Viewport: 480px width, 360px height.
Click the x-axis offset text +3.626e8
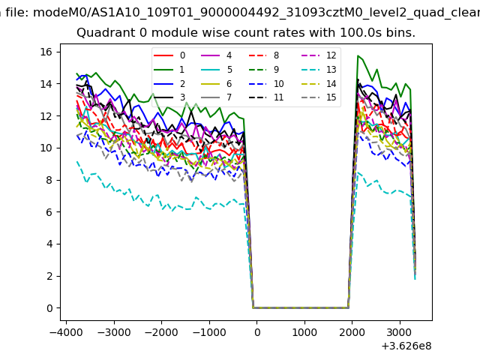coord(406,345)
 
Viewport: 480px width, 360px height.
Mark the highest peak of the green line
coord(358,55)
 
